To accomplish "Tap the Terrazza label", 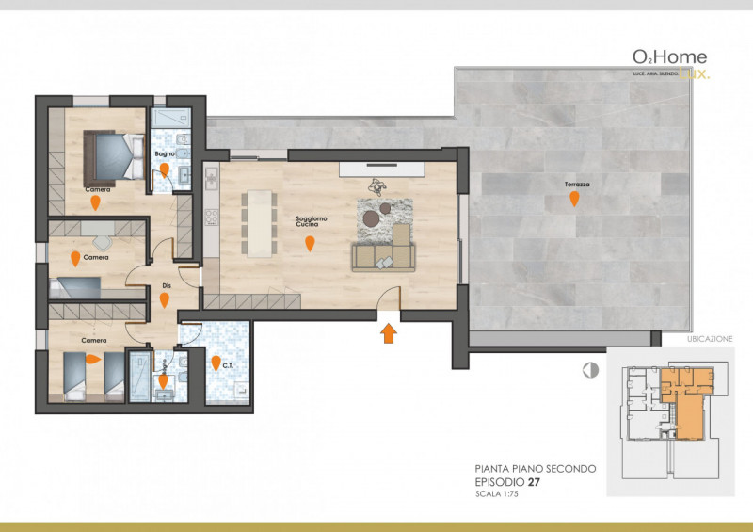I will (577, 184).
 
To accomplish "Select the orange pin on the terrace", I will (573, 199).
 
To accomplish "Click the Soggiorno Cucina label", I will (311, 222).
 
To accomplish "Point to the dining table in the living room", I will (256, 224).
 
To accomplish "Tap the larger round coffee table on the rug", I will (371, 218).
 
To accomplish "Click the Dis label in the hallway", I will (166, 283).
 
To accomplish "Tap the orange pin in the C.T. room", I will (216, 363).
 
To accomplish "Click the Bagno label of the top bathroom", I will (164, 153).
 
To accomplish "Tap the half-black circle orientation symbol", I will (590, 370).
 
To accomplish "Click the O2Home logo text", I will (670, 58).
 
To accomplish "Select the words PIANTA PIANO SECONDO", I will (534, 468).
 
